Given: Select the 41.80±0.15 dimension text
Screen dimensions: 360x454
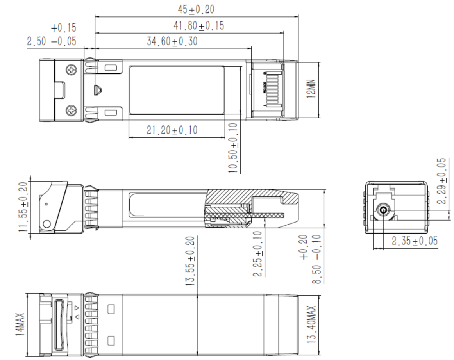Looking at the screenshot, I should (198, 26).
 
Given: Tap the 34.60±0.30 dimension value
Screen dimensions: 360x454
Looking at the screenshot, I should (172, 41).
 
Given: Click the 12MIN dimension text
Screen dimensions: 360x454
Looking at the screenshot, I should (311, 89).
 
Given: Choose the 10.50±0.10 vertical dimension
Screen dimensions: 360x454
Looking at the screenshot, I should (233, 148).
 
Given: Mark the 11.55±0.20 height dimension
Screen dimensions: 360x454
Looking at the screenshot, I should (24, 207).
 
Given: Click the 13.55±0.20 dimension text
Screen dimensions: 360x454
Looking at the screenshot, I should (191, 261).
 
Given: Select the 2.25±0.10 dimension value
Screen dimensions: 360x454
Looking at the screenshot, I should (258, 254).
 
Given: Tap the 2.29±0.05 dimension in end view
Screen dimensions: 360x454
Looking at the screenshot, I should (442, 181).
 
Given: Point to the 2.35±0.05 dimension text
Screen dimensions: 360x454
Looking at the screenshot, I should (415, 241).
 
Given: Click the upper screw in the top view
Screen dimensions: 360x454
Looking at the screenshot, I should (72, 70).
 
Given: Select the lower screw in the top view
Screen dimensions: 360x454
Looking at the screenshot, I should (72, 111).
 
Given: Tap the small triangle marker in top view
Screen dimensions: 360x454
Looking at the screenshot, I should (98, 90).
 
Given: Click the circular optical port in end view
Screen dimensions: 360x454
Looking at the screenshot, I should (383, 211).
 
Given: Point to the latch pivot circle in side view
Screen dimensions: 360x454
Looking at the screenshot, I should (47, 224).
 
